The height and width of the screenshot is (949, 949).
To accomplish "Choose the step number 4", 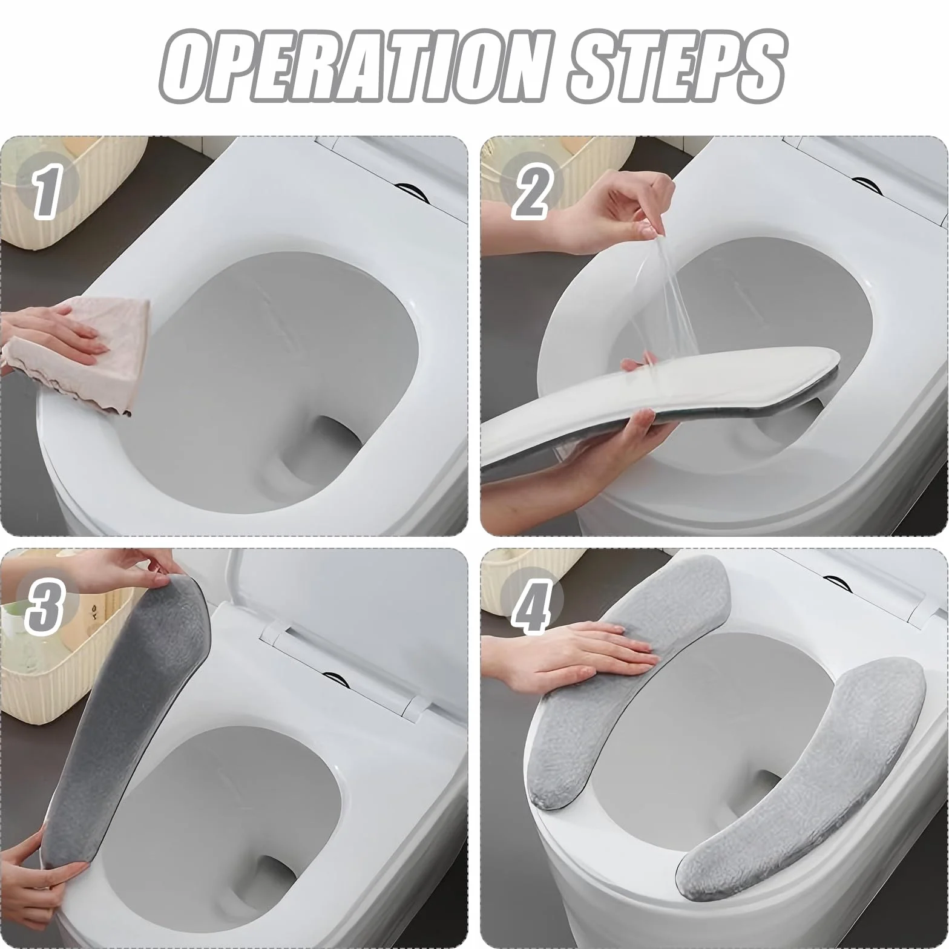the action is point(531,605).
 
